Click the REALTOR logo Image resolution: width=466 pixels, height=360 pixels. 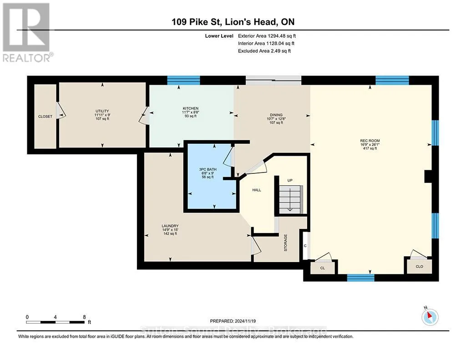click(x=27, y=32)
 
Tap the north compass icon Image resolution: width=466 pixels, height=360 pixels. click(x=430, y=317)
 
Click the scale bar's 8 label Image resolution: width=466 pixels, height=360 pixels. click(x=84, y=317)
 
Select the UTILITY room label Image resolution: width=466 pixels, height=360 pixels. click(x=102, y=111)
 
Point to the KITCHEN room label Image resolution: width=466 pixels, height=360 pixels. click(x=191, y=108)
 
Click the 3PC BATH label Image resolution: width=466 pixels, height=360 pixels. click(x=208, y=169)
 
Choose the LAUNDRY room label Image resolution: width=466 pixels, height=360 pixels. click(x=170, y=226)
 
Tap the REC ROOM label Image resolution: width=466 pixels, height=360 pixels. click(x=370, y=141)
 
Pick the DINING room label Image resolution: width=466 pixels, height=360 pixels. click(x=276, y=115)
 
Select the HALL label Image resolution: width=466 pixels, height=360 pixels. click(x=257, y=190)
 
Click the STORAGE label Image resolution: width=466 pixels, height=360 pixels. click(x=286, y=243)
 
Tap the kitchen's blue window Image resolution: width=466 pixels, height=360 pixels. click(x=183, y=80)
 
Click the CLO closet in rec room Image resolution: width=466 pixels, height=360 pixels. click(x=419, y=266)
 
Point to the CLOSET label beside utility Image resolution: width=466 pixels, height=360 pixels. click(x=45, y=117)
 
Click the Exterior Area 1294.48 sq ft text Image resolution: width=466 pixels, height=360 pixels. click(x=267, y=36)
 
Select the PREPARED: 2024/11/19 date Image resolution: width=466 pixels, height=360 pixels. click(x=233, y=321)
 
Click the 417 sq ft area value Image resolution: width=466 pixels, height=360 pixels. click(x=370, y=148)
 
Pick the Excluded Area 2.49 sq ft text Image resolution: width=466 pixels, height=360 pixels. click(x=264, y=51)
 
